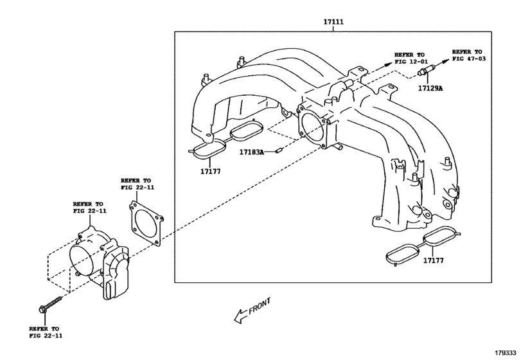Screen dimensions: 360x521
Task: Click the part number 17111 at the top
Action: point(333,22)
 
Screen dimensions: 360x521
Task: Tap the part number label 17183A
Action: point(252,152)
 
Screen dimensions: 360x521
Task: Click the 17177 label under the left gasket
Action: point(209,171)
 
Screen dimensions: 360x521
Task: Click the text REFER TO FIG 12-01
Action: point(409,59)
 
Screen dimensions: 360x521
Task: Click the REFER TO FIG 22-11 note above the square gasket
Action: point(136,185)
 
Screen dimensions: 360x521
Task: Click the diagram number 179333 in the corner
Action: point(505,353)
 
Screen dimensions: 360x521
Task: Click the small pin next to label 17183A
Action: point(279,152)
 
